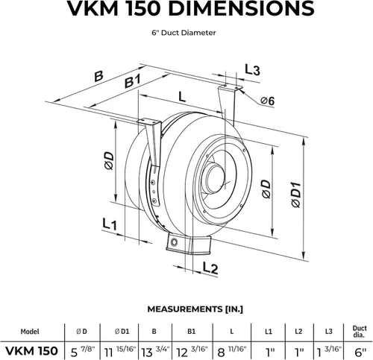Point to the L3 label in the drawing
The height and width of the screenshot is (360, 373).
click(253, 70)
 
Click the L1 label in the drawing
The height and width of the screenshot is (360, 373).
click(110, 223)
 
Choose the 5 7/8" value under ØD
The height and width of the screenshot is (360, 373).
click(81, 350)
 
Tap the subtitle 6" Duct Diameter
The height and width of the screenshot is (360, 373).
click(186, 32)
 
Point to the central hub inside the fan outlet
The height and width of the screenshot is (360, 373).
click(216, 176)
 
